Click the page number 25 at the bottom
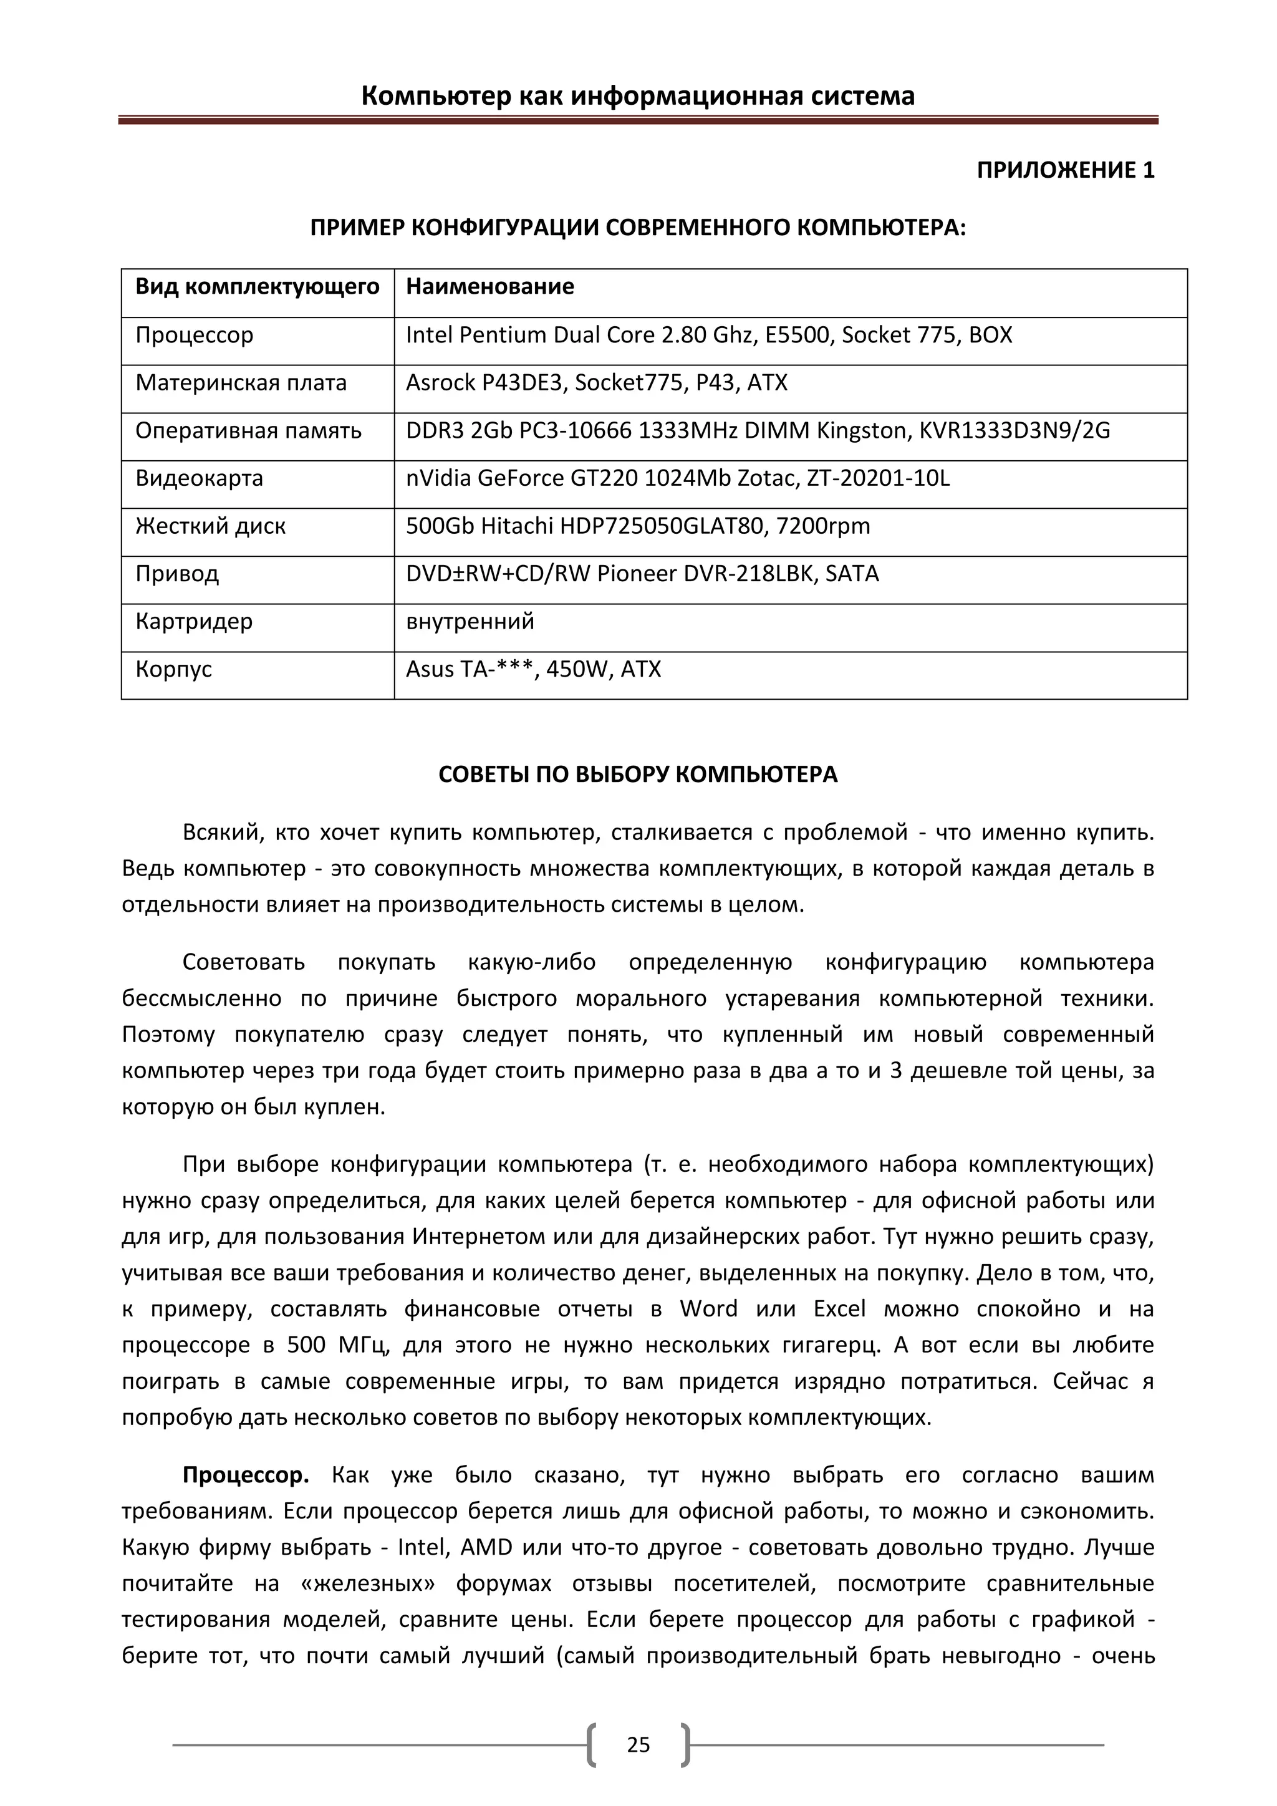pos(638,1745)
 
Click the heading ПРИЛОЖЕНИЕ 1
pos(1066,171)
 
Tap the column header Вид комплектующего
pos(257,286)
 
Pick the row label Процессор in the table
pos(194,335)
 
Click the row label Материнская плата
pos(241,383)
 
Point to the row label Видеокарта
pos(199,478)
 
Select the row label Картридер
pos(193,621)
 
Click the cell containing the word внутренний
pos(470,621)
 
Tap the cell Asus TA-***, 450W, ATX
pos(533,669)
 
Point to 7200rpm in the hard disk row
pos(823,526)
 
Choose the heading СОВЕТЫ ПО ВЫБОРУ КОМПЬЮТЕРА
pos(638,775)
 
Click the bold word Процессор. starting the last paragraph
pos(245,1475)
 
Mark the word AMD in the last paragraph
pos(486,1547)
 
